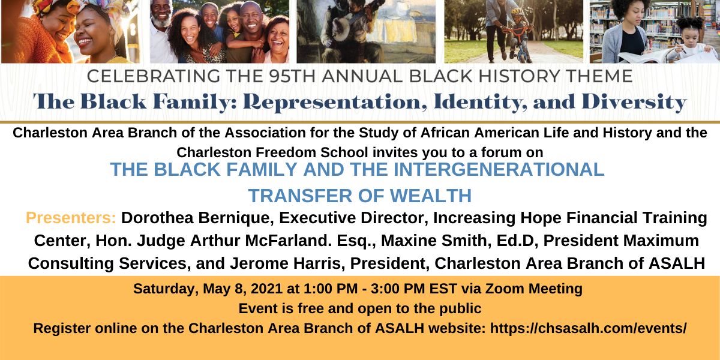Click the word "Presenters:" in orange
tap(71, 218)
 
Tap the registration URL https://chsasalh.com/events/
tap(588, 328)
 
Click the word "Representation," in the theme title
tap(335, 102)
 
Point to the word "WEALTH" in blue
tap(430, 196)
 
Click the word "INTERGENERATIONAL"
tap(499, 169)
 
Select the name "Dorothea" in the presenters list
tap(157, 218)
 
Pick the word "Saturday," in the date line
tap(166, 289)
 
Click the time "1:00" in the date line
tap(318, 289)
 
